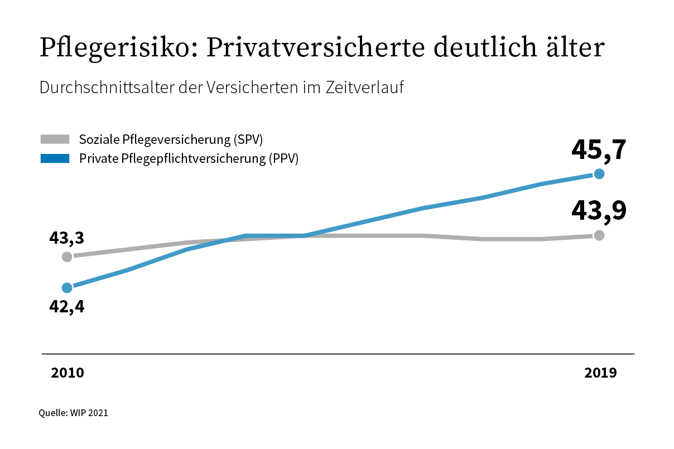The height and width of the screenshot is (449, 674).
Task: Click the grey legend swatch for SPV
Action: click(54, 139)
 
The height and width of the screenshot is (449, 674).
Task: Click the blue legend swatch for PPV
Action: click(54, 158)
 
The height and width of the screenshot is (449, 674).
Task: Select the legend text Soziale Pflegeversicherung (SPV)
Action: click(171, 139)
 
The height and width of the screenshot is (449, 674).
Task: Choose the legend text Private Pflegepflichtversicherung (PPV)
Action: click(189, 158)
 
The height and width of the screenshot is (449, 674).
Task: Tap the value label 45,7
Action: click(599, 150)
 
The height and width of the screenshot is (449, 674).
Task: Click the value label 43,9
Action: click(599, 210)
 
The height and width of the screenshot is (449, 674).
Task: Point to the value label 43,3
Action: click(67, 238)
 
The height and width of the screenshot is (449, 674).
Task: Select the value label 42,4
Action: click(67, 306)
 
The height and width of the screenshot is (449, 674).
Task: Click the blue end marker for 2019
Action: click(599, 173)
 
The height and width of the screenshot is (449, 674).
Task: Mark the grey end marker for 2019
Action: click(599, 235)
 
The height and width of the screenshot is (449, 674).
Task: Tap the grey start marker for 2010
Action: click(67, 257)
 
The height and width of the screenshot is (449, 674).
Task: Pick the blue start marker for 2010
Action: click(67, 288)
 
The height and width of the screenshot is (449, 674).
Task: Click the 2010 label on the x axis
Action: click(68, 373)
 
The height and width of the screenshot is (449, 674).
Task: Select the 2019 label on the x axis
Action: click(600, 373)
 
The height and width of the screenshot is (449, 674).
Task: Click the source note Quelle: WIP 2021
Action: click(73, 413)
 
